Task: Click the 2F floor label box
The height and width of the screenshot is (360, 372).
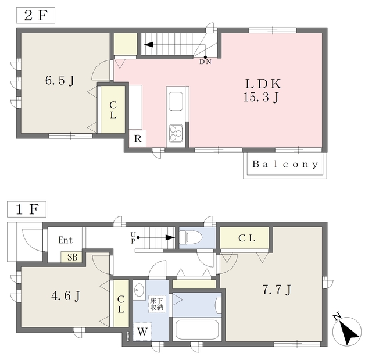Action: click(35, 15)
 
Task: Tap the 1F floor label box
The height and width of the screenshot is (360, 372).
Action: click(27, 209)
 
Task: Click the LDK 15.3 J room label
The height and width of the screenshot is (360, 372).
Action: click(262, 90)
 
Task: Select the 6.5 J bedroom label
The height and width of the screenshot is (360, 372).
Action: click(60, 80)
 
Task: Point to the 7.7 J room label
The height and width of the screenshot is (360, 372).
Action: click(277, 290)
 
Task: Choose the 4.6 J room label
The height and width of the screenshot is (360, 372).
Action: click(66, 296)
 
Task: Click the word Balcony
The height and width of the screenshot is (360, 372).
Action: click(285, 164)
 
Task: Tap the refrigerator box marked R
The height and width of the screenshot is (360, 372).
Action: click(138, 138)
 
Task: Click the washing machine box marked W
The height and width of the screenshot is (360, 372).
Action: click(142, 332)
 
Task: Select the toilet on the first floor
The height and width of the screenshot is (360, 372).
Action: click(191, 237)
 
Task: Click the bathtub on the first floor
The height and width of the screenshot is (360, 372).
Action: click(196, 330)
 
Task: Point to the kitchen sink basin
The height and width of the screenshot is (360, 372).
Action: click(176, 101)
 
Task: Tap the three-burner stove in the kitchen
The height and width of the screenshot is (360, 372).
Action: click(176, 133)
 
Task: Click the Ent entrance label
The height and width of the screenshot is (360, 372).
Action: click(65, 240)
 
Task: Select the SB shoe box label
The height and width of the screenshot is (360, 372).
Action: click(72, 257)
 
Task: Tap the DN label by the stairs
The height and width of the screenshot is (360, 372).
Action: click(205, 62)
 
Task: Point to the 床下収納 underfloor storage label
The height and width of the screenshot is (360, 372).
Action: click(156, 304)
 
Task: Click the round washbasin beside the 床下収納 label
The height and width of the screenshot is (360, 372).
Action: click(139, 290)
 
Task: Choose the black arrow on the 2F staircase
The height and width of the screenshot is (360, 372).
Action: click(149, 44)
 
